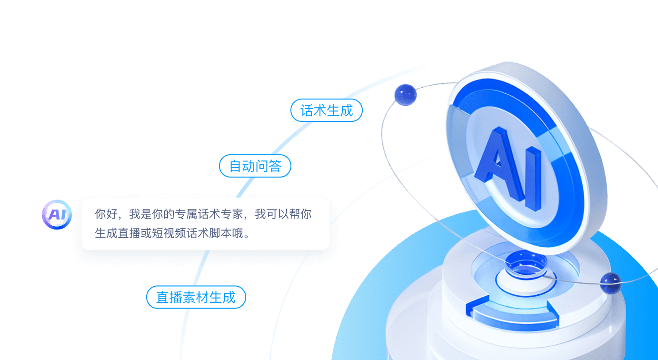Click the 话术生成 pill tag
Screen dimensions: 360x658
327,110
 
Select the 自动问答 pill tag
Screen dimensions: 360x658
255,166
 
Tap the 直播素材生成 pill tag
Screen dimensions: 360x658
196,298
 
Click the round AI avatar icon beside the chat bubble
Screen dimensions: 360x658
57,215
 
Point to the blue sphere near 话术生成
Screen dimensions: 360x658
405,94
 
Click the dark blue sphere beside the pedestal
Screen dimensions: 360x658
610,283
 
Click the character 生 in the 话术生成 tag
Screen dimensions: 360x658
333,110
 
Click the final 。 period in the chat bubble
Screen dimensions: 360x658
246,235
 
